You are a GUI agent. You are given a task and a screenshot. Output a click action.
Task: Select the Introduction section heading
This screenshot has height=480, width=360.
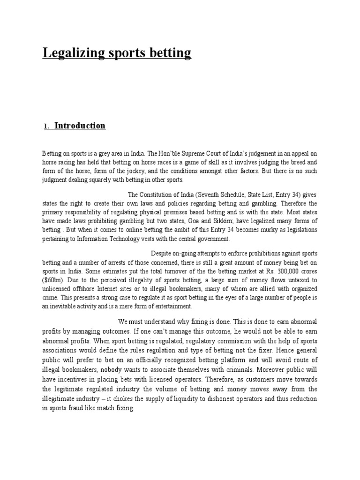80,126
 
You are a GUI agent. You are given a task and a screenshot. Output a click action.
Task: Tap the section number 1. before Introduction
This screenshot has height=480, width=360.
46,127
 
